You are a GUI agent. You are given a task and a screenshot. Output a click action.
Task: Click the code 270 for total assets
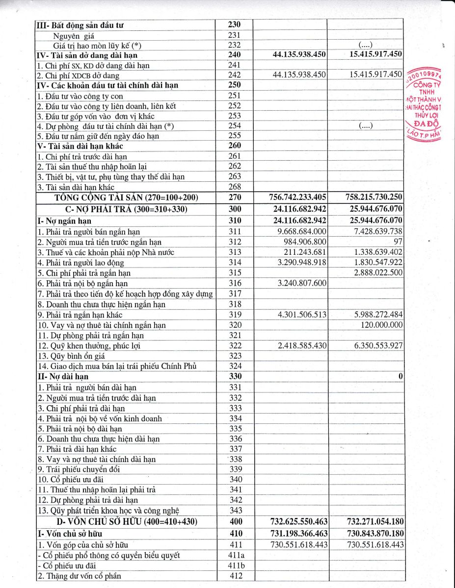[x=235, y=197]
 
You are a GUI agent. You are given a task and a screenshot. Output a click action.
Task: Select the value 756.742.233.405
[x=298, y=197]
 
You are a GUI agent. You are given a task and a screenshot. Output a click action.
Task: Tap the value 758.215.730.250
[x=372, y=197]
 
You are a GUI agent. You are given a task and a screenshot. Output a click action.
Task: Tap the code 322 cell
[x=235, y=346]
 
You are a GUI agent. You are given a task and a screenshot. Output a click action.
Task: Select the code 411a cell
[x=235, y=555]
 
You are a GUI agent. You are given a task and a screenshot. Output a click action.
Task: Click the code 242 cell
[x=235, y=75]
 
